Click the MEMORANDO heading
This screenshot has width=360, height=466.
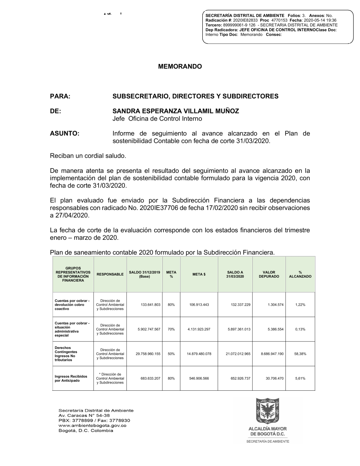tap(180, 67)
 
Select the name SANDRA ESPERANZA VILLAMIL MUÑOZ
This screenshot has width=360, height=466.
tap(176, 111)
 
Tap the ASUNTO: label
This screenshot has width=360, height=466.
tap(64, 134)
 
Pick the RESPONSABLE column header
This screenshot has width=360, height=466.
tap(110, 274)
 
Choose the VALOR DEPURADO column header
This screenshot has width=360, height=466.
tap(269, 274)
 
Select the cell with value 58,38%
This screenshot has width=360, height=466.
tap(300, 354)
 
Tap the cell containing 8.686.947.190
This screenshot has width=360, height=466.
tap(272, 354)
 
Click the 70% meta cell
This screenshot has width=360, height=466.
tap(171, 329)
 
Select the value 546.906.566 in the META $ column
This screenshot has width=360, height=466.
tap(199, 378)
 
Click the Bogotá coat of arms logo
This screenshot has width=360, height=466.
tap(267, 411)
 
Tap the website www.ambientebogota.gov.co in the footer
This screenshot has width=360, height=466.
tap(92, 426)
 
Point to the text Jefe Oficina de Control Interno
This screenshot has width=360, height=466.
tap(157, 119)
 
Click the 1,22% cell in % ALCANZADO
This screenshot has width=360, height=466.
tap(300, 305)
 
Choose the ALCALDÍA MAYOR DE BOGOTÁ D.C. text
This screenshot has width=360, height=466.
tap(267, 431)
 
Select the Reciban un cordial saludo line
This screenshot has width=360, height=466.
tap(88, 156)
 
